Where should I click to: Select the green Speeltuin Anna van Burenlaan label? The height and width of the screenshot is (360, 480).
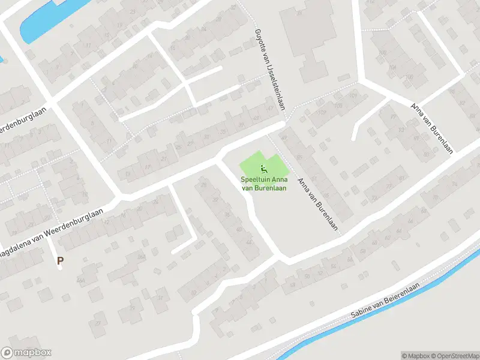[263, 184]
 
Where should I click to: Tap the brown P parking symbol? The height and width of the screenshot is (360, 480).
[60, 260]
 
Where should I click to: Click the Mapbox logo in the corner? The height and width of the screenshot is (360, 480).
[26, 353]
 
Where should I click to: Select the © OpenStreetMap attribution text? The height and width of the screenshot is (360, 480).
[455, 356]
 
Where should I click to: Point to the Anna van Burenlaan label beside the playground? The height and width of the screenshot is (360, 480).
[317, 205]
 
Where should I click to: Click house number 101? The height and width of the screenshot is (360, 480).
[353, 96]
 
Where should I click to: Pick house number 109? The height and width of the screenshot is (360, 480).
[322, 112]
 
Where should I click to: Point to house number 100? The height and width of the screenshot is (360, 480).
[382, 53]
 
